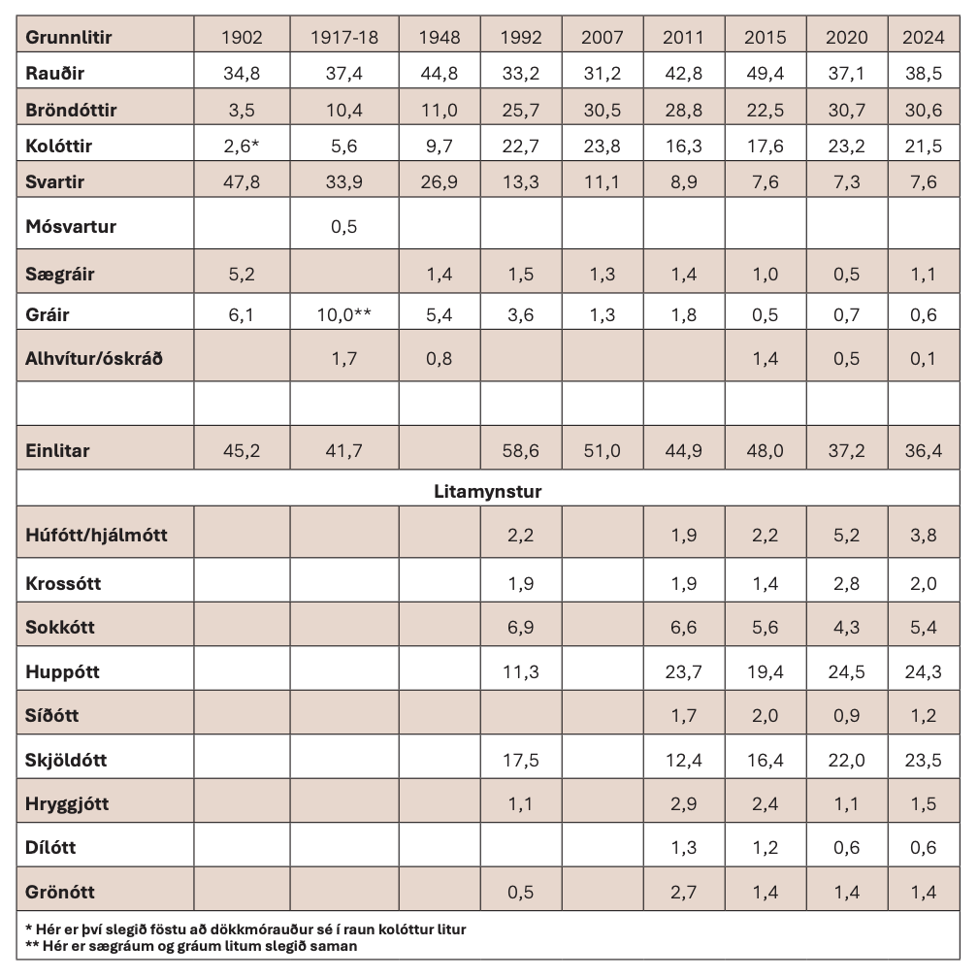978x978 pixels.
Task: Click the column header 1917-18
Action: [344, 38]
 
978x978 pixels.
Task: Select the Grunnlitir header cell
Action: [69, 38]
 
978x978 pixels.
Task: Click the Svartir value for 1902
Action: [241, 180]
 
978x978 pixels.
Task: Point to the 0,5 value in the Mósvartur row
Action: [344, 226]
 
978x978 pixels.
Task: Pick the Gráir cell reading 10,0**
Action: [344, 314]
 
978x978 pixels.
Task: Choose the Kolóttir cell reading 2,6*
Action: [241, 146]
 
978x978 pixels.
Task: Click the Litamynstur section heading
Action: [487, 492]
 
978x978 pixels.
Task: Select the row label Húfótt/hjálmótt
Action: [96, 535]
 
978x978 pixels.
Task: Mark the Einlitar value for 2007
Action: [602, 451]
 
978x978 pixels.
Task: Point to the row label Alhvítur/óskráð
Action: [94, 358]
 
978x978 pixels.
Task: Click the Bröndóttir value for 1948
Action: [439, 110]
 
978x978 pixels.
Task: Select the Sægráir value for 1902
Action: [241, 275]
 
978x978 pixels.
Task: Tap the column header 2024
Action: [924, 38]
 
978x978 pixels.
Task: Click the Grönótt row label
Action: [60, 891]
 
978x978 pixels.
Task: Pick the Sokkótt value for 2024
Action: [924, 627]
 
